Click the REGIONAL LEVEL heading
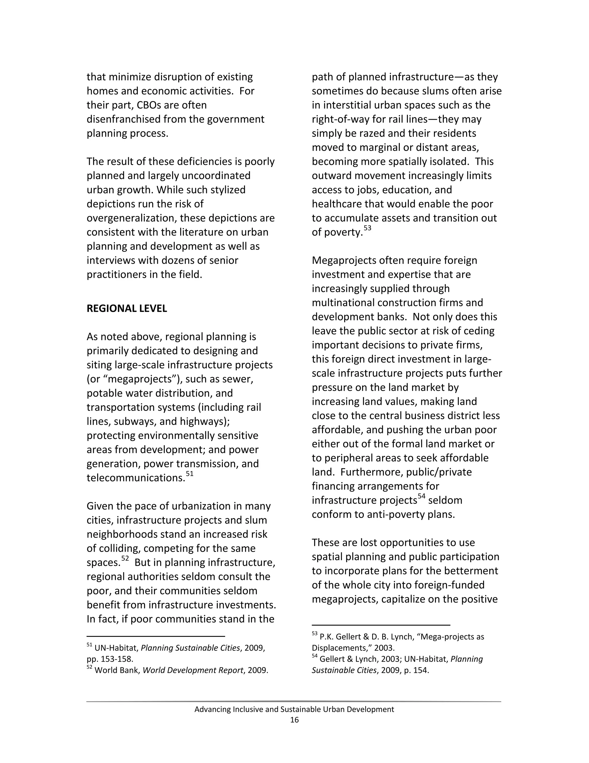tap(127, 308)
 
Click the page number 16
tap(294, 720)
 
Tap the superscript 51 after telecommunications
tap(190, 474)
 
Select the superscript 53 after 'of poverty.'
tap(368, 228)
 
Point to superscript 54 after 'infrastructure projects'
tap(422, 496)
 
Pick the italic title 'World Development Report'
tap(193, 670)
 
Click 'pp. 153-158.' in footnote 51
tap(110, 659)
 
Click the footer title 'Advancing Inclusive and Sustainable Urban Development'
tap(294, 709)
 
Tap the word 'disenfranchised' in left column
tap(124, 119)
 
